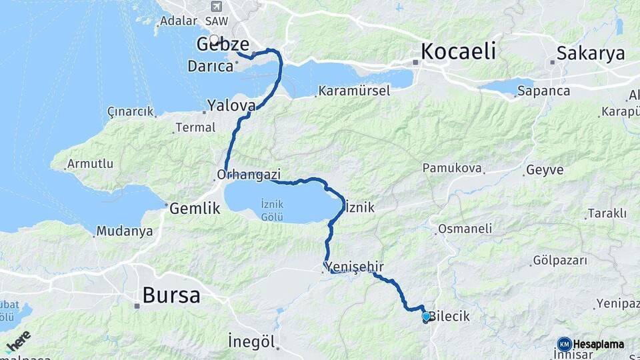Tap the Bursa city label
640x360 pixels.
point(171,295)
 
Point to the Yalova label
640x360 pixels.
point(231,105)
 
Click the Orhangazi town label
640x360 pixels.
point(249,174)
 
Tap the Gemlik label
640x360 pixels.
point(195,208)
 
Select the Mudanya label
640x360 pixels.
point(124,232)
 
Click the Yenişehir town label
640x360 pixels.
point(355,267)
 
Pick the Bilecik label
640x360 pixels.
point(451,317)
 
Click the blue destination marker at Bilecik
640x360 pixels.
point(426,316)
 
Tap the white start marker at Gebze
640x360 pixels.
point(215,39)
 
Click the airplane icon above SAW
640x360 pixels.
point(215,7)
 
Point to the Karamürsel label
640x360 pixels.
point(354,91)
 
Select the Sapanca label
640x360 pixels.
point(543,91)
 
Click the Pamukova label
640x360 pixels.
point(451,169)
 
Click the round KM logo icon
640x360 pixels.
point(564,344)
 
